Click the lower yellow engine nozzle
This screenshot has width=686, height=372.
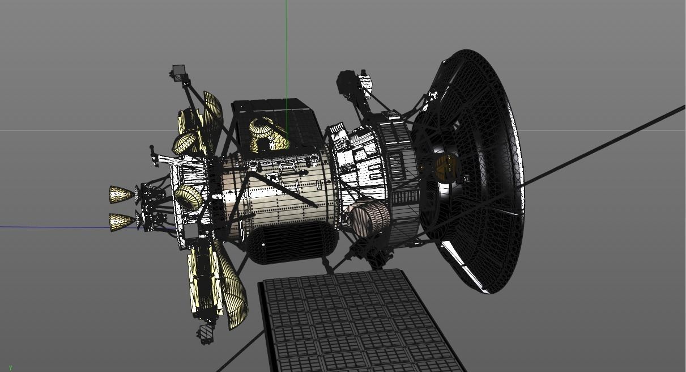coord(121,221)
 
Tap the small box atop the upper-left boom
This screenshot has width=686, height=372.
coord(178,71)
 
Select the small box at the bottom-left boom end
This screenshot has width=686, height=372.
coord(206,332)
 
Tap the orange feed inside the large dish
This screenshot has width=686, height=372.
coord(444,166)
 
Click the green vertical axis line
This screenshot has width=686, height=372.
coord(287,51)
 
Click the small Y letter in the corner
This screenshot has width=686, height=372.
coord(10,368)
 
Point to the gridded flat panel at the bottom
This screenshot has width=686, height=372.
coord(357,323)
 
